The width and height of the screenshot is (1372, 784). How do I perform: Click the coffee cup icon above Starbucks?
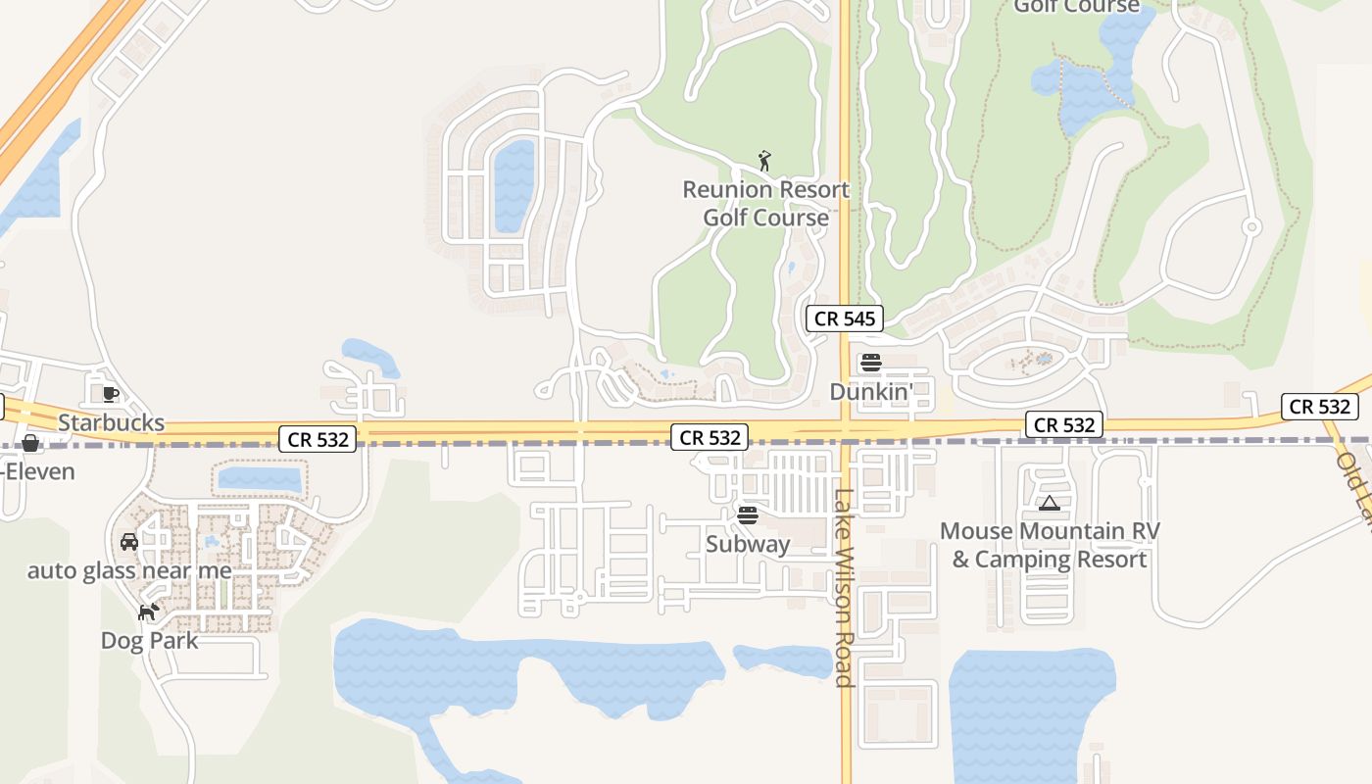point(110,394)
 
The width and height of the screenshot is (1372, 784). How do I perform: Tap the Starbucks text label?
point(111,423)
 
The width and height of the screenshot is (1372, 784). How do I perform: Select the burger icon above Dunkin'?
point(871,363)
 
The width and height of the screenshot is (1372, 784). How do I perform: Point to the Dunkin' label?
point(871,391)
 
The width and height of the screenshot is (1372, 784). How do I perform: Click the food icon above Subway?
point(748,514)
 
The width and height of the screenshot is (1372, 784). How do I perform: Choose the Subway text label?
point(748,543)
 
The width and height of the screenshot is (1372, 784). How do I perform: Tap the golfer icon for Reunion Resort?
point(765,161)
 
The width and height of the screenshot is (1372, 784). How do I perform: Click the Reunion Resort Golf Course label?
point(765,203)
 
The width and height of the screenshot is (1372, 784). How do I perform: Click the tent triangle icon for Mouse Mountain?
point(1050,504)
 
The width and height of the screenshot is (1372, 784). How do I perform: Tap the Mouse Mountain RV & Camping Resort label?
point(1050,545)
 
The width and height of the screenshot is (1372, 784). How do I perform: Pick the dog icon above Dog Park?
point(149,612)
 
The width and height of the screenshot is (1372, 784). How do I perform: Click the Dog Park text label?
point(149,641)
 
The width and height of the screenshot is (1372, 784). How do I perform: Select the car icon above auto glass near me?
point(129,541)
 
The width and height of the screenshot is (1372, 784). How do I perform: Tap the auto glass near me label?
point(129,570)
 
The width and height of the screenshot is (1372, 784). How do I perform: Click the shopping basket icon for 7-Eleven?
point(30,443)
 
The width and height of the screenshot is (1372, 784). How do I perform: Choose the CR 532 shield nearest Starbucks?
point(317,439)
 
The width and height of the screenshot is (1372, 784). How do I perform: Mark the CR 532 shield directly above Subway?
point(710,437)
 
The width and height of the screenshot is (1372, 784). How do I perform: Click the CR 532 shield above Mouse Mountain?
point(1064,424)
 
